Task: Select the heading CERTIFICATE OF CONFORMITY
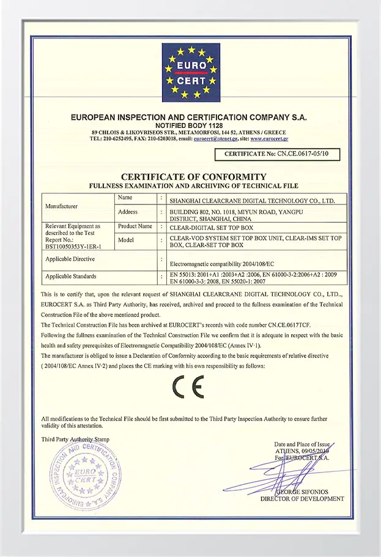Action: (x=190, y=177)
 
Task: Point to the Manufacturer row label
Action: (x=61, y=206)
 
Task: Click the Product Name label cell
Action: (x=135, y=226)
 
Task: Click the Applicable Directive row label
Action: (x=70, y=260)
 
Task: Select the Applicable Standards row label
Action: (x=71, y=277)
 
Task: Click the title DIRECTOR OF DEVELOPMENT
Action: (x=302, y=499)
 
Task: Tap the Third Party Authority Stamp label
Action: (x=76, y=439)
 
